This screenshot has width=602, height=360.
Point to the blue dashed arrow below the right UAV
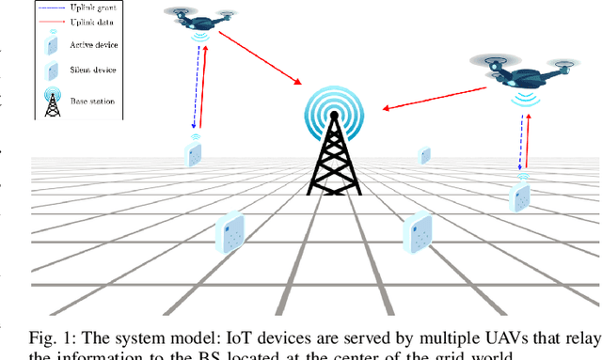[x=517, y=136]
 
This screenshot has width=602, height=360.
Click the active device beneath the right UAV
[x=520, y=197]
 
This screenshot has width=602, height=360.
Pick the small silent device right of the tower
[x=425, y=154]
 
